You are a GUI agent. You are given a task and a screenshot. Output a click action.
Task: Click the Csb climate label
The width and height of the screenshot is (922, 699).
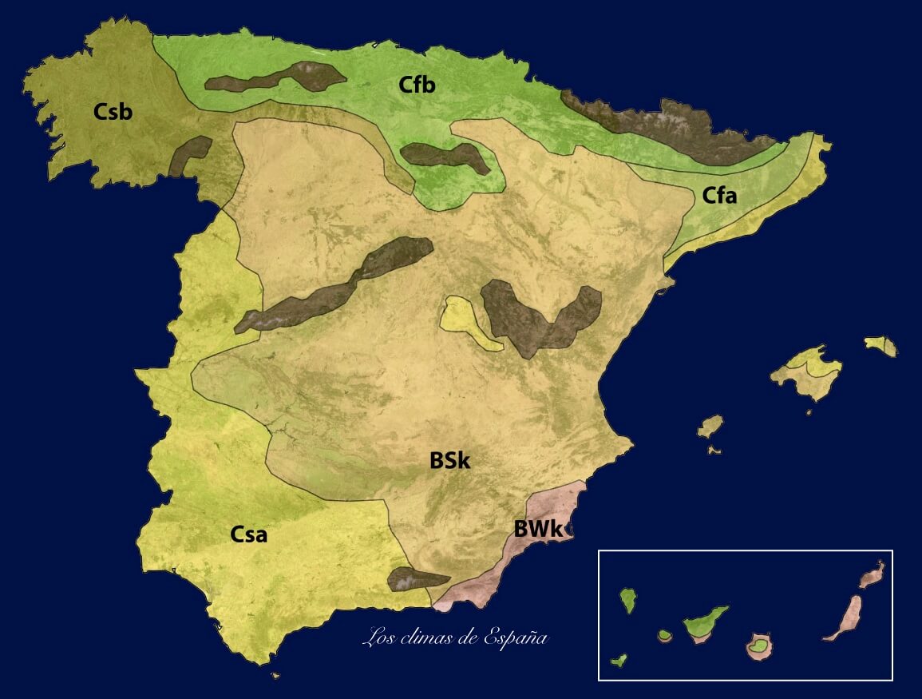click(113, 111)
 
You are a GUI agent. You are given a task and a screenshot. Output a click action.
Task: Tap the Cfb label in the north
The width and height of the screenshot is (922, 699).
click(417, 84)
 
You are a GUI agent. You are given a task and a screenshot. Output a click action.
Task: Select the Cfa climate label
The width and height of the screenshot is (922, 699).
click(719, 194)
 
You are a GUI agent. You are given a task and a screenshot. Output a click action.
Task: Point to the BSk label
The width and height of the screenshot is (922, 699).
click(449, 461)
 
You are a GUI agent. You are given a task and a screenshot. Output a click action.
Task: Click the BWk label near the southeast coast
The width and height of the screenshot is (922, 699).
click(539, 528)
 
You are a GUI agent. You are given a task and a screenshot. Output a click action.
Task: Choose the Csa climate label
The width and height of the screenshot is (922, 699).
click(249, 534)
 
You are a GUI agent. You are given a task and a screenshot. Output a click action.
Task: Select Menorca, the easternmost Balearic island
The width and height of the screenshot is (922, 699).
click(880, 346)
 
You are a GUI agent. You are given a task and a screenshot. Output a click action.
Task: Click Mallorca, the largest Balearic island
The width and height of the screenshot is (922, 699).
click(808, 372)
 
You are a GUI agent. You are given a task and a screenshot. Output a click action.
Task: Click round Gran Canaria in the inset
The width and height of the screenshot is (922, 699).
click(759, 645)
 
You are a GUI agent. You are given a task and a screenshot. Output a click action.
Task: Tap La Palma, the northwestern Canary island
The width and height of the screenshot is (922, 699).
click(628, 599)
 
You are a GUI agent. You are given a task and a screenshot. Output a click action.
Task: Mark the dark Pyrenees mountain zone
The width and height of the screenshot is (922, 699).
click(663, 124)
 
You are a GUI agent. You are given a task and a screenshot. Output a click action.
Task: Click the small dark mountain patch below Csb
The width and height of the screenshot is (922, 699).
click(190, 155)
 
